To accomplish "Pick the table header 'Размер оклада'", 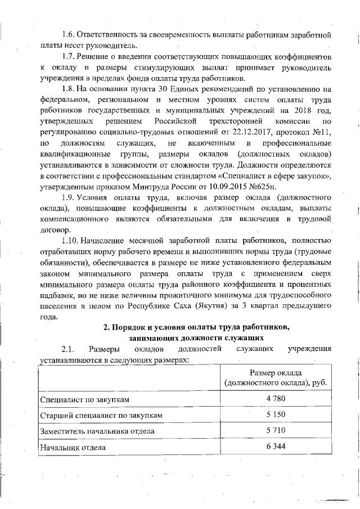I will pos(276,373).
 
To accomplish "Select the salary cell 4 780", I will pos(276,399).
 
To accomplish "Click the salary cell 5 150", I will pos(276,415).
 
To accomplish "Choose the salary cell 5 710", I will pos(276,431).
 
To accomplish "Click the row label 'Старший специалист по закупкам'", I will pos(102,416).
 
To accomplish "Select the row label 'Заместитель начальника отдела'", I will pos(101,431).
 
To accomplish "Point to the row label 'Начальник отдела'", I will pos(73,448).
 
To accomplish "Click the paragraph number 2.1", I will pos(68,349).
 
